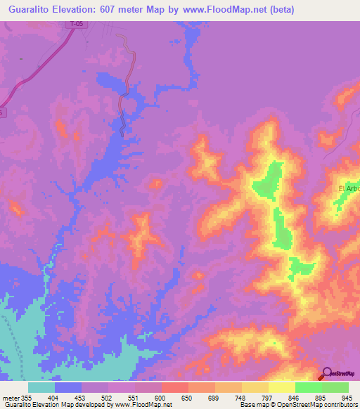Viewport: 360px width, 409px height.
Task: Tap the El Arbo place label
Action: click(349, 188)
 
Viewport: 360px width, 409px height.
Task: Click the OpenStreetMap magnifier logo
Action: click(327, 375)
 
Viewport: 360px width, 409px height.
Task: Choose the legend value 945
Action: click(345, 397)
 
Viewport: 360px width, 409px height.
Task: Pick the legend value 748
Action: click(240, 397)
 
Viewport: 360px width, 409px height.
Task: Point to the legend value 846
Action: click(292, 397)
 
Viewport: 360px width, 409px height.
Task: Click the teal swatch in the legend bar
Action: click(41, 387)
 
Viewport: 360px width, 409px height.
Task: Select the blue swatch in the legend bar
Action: click(68, 387)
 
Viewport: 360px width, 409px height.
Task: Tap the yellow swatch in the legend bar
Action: click(281, 387)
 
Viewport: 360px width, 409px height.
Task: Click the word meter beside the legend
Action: click(11, 397)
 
